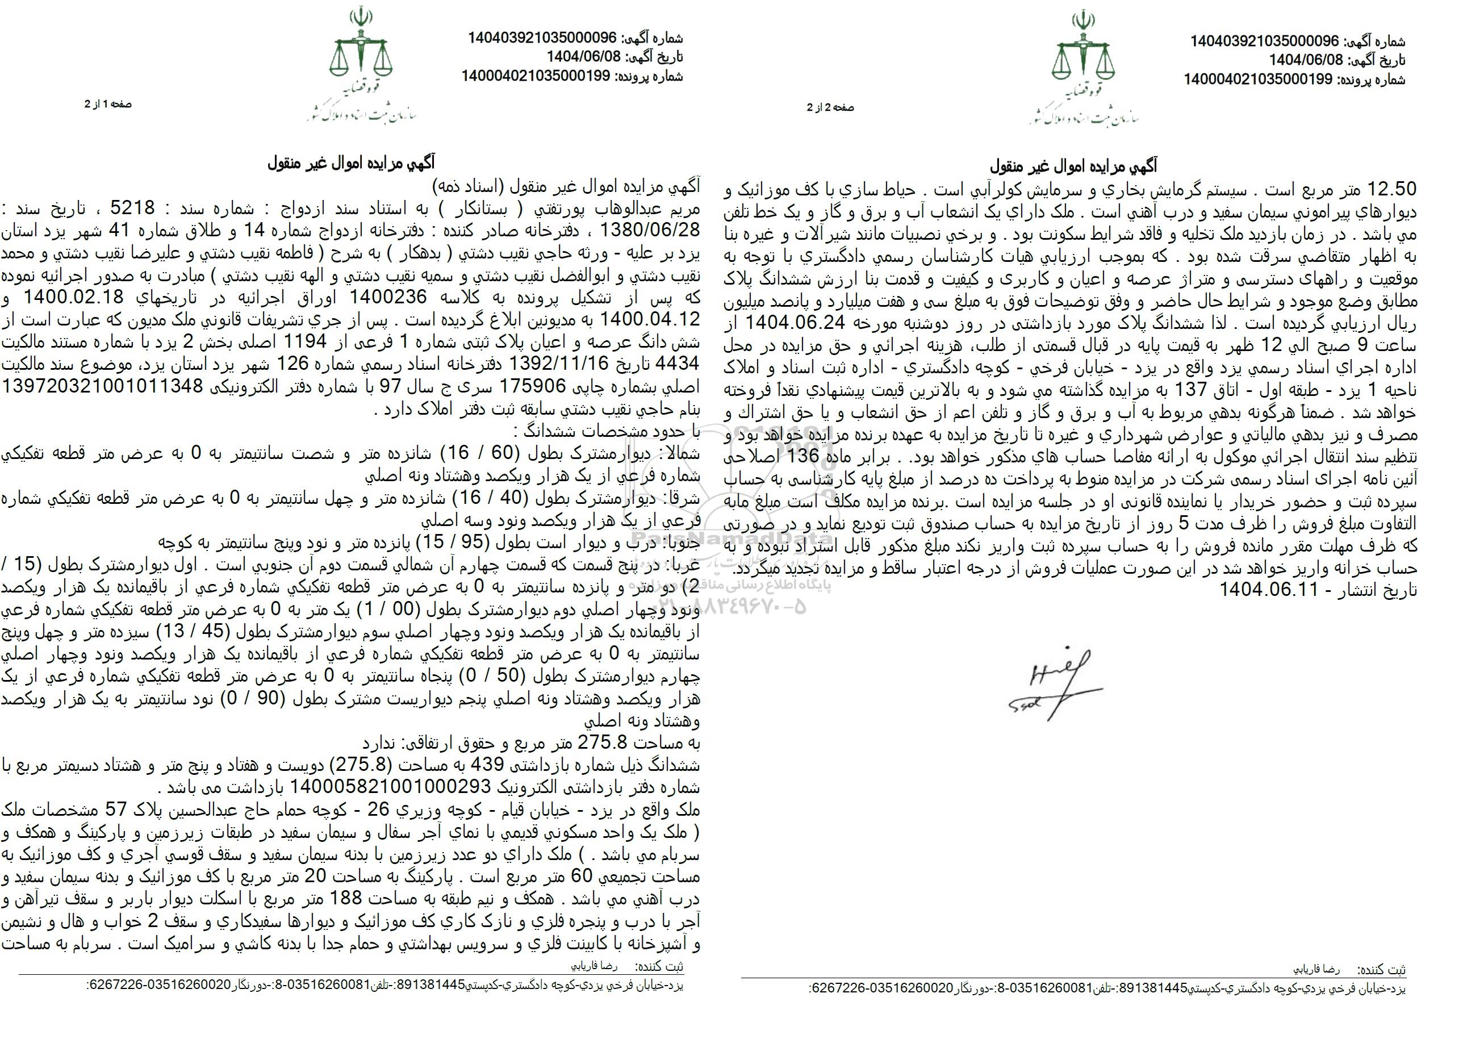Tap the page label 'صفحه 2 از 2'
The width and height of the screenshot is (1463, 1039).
pos(830,108)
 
